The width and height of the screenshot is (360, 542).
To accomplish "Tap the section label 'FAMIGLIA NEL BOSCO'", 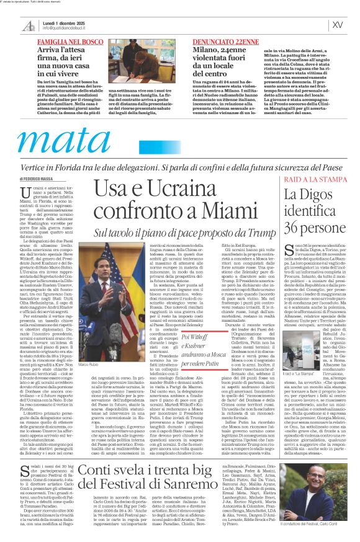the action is tap(70, 40).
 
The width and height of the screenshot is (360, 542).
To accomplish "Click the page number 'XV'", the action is tap(338, 25).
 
